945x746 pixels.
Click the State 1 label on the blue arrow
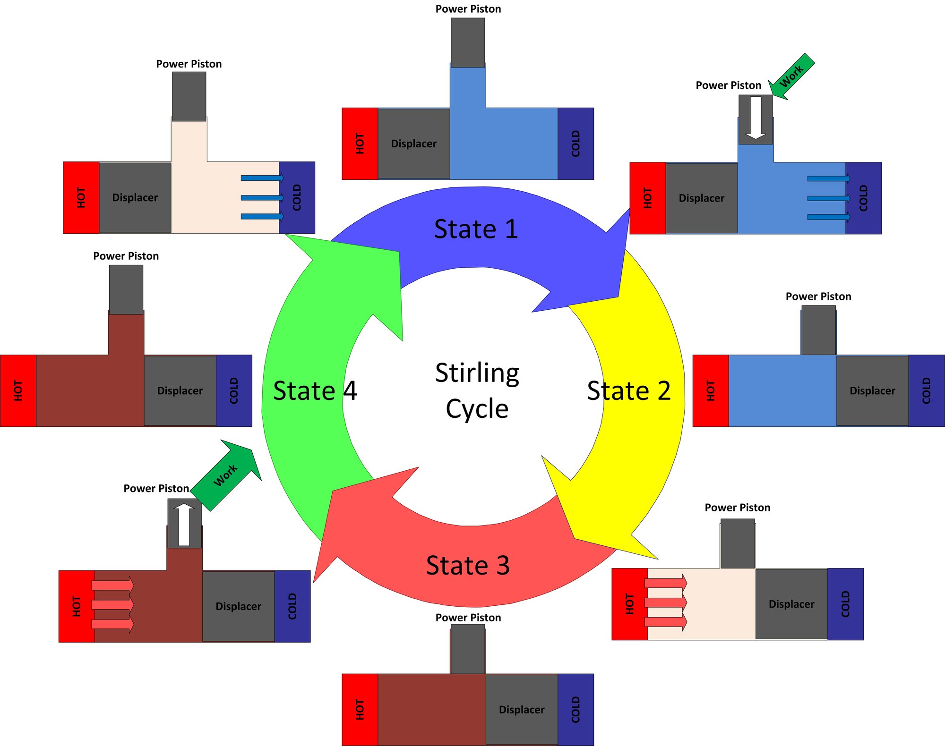pyautogui.click(x=476, y=229)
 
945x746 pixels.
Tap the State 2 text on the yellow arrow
pyautogui.click(x=628, y=391)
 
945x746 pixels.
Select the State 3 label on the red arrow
pyautogui.click(x=468, y=566)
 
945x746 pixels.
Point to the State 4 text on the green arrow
pyautogui.click(x=315, y=391)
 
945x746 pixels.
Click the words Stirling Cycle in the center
pyautogui.click(x=477, y=390)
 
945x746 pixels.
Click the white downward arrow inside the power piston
pyautogui.click(x=756, y=118)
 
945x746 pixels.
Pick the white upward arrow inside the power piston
pyautogui.click(x=184, y=525)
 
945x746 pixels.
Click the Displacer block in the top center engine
pyautogui.click(x=413, y=144)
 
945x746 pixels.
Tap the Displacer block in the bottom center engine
pyautogui.click(x=522, y=710)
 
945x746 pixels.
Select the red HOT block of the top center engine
pyautogui.click(x=360, y=144)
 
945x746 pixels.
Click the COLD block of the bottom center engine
pyautogui.click(x=576, y=710)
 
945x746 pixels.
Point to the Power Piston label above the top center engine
pyautogui.click(x=468, y=9)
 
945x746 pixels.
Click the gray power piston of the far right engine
pyautogui.click(x=818, y=330)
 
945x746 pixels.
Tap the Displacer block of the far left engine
pyautogui.click(x=180, y=390)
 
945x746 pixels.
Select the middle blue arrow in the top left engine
pyautogui.click(x=262, y=197)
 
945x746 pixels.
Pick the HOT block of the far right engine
pyautogui.click(x=710, y=390)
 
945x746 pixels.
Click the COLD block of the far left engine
pyautogui.click(x=234, y=390)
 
